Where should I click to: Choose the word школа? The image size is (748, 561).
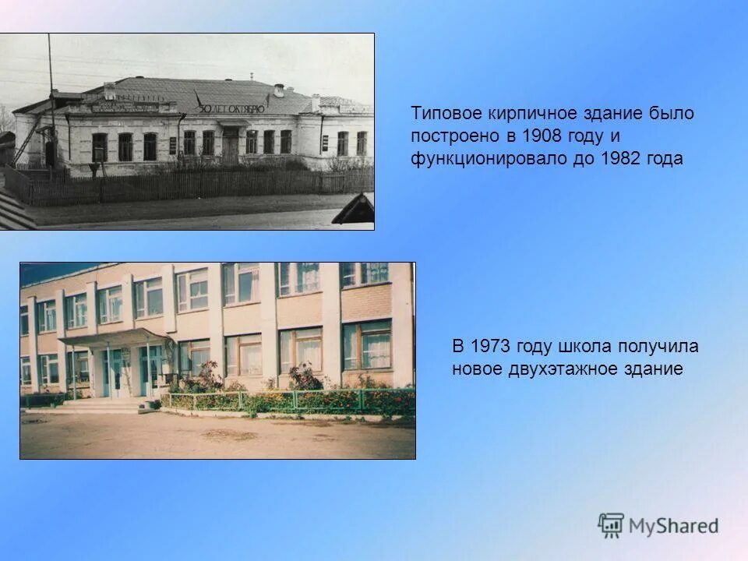click(585, 346)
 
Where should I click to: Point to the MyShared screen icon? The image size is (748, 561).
click(611, 525)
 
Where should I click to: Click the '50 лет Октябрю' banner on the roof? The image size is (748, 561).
click(231, 108)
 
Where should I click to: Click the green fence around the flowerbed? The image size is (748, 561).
click(296, 401)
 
